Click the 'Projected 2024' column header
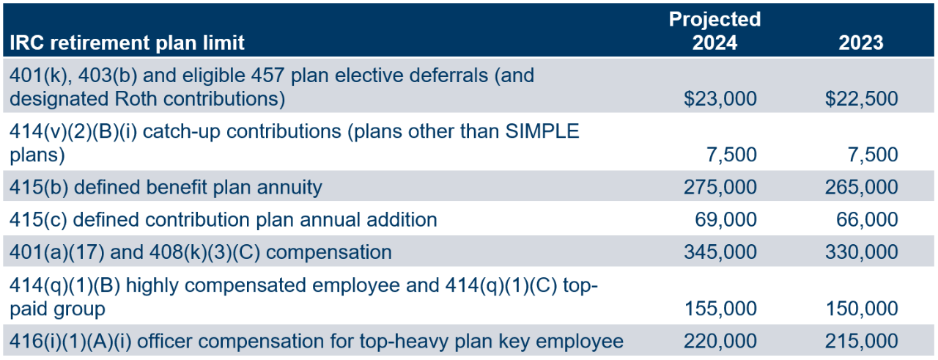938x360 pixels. (714, 30)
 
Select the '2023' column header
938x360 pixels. (861, 43)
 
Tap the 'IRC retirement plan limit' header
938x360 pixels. (127, 43)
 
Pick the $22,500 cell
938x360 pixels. (861, 98)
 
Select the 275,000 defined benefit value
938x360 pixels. (720, 188)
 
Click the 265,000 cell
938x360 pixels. (861, 188)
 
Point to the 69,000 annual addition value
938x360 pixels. (725, 220)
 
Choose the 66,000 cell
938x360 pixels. (867, 220)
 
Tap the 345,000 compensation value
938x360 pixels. (720, 252)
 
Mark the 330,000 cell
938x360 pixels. (861, 252)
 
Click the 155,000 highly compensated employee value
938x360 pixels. (720, 309)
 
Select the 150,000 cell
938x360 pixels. (861, 309)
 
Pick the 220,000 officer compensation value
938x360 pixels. (720, 341)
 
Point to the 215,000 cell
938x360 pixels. (861, 341)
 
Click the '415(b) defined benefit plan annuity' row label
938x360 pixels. (166, 188)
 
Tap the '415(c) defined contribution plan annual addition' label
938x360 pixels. (224, 220)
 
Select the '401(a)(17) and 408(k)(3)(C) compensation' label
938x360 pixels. (201, 252)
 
